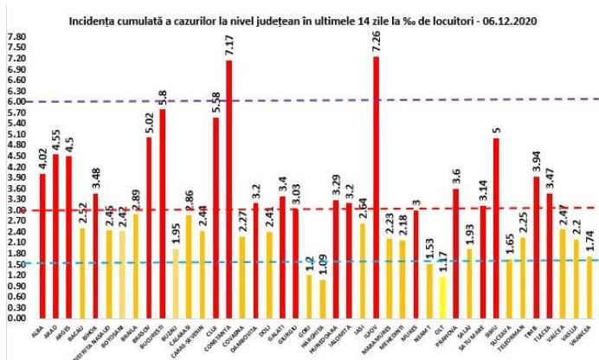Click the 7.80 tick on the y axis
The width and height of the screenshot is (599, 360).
tap(16, 37)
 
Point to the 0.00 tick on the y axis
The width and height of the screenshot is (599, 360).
tap(16, 318)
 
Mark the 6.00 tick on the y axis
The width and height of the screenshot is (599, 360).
tap(16, 101)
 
